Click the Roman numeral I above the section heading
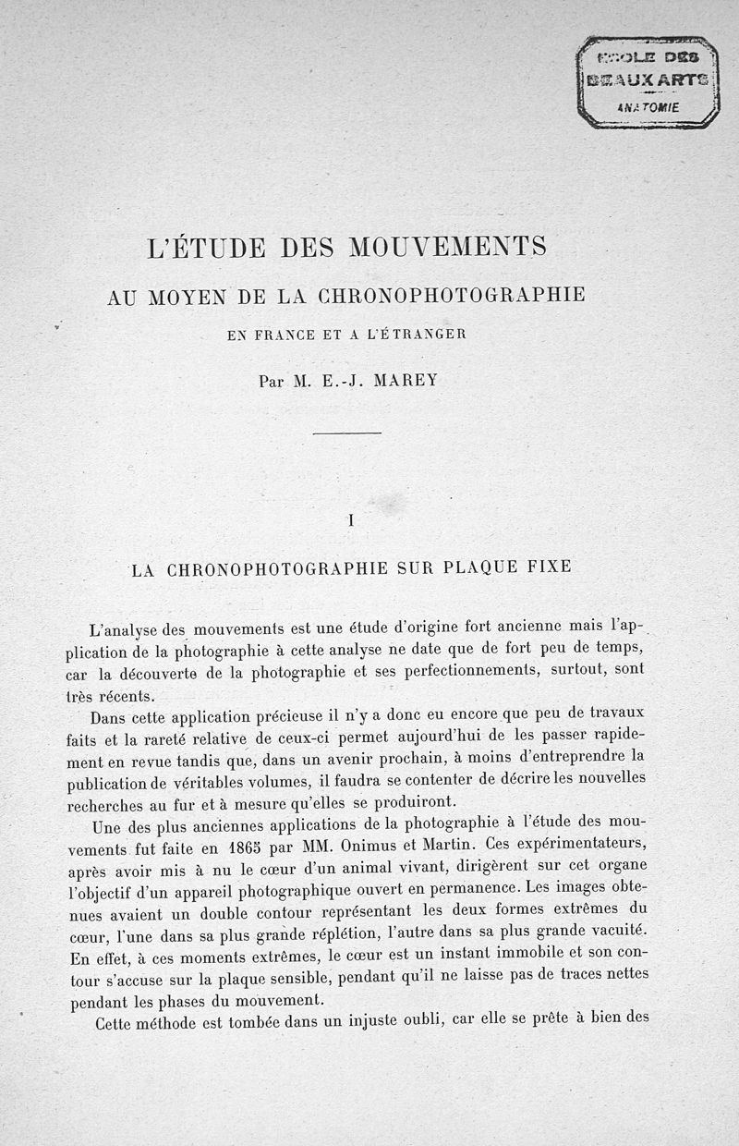351,519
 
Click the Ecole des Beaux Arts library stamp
648,81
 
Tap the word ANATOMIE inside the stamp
648,107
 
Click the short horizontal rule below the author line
346,433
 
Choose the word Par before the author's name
273,380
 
